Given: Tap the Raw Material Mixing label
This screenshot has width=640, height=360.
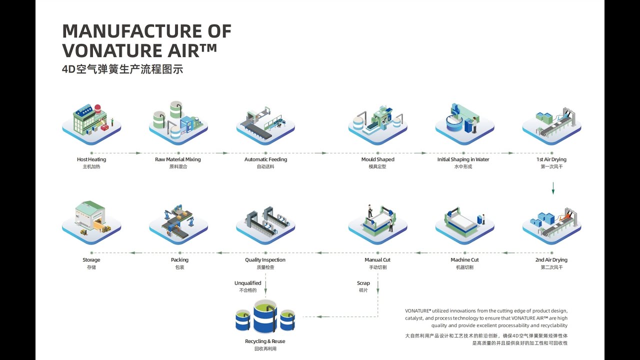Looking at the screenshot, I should [178, 159].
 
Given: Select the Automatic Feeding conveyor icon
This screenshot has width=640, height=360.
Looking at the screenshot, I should [265, 122].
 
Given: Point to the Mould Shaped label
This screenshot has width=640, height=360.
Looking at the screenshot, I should [377, 159].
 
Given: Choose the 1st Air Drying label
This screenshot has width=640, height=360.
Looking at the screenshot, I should [551, 159].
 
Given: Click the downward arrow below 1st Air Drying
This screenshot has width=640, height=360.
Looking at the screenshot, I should [553, 188].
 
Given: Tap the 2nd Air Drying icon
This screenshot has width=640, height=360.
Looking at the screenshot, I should [551, 223].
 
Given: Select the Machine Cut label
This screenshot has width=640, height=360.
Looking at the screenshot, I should [464, 260].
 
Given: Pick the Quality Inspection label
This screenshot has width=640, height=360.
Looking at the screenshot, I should [265, 260].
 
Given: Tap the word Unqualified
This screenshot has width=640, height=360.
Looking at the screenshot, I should [248, 283].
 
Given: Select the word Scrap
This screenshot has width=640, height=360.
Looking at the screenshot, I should [363, 283].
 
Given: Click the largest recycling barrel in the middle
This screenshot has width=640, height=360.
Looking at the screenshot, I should [265, 316].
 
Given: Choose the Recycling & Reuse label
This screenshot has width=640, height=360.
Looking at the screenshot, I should [265, 341].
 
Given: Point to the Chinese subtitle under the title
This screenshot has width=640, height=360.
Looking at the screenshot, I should [122, 69].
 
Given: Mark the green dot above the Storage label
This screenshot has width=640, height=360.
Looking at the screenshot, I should [91, 253].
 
